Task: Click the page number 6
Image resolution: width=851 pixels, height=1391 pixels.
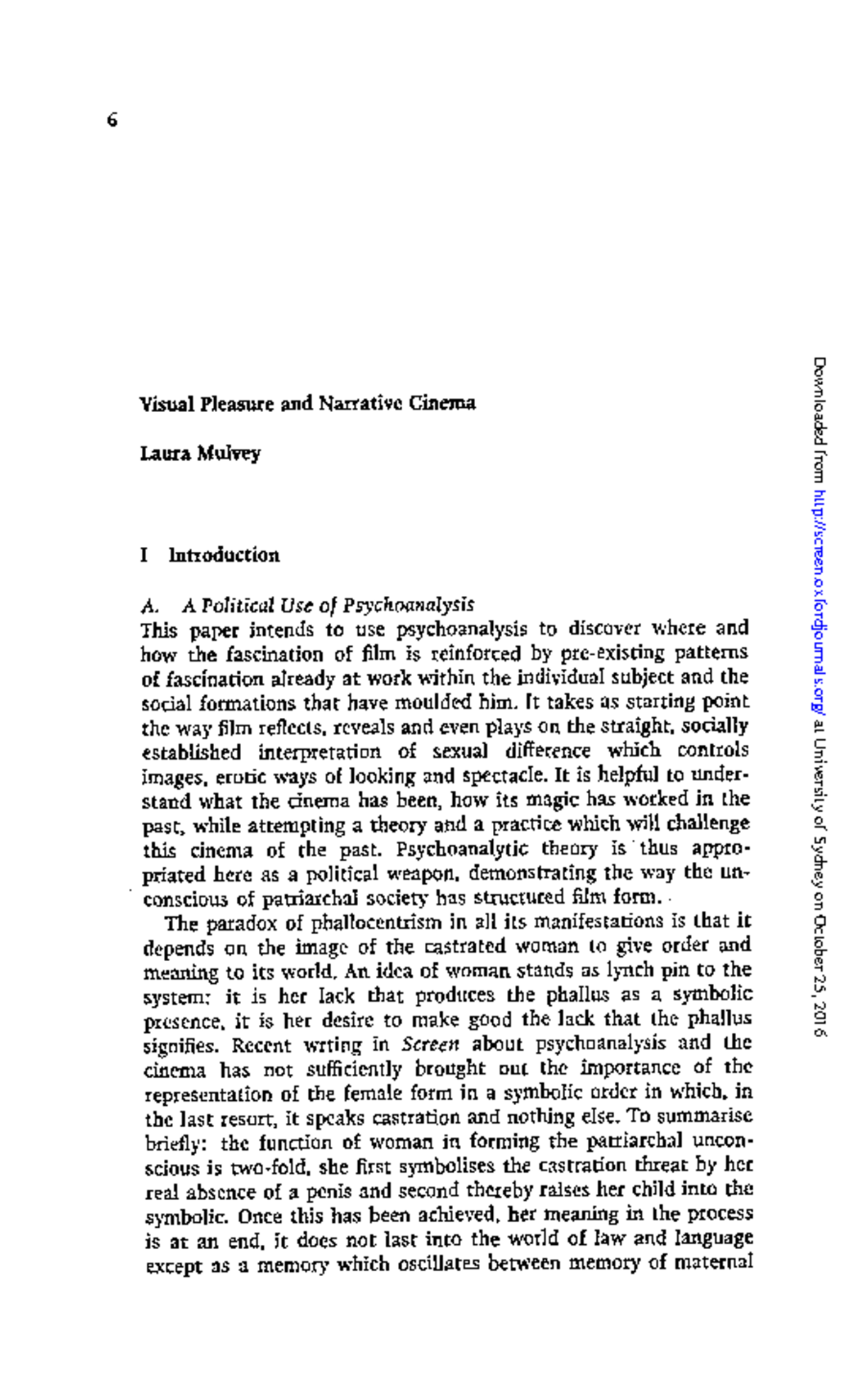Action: coord(111,121)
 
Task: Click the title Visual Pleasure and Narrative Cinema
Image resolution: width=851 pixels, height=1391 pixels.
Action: coord(307,404)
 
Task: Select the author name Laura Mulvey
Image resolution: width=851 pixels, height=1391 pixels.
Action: coord(200,453)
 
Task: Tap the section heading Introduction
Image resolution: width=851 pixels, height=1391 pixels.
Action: coord(223,555)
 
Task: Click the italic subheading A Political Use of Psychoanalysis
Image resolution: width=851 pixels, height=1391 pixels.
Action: coord(328,605)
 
